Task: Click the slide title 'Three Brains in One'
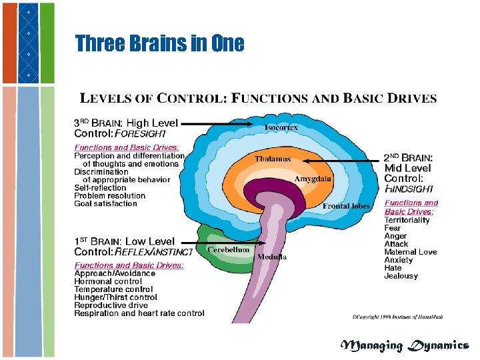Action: (160, 44)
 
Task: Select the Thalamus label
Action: (273, 159)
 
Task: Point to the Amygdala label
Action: (313, 179)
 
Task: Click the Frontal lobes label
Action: (346, 206)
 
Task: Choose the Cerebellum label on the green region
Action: (228, 249)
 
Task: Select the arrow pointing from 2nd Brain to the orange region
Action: (347, 161)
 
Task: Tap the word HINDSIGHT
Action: (411, 189)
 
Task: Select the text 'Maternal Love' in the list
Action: (410, 252)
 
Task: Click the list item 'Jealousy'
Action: (401, 276)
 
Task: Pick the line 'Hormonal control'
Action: (107, 281)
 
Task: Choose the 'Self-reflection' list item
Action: (100, 188)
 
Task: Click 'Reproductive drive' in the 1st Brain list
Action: (111, 305)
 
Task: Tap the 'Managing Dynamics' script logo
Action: (404, 345)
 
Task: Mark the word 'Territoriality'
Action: (407, 220)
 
